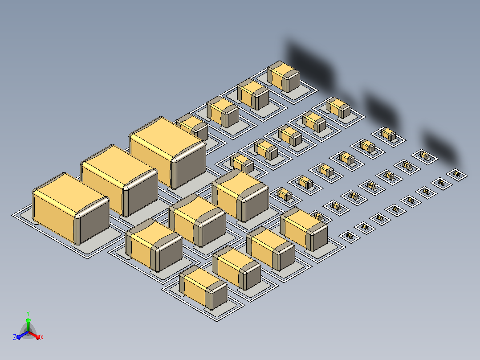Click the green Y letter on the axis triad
(x=28, y=313)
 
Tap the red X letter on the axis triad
(x=42, y=337)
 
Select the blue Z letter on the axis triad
(x=15, y=337)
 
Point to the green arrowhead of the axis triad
(x=28, y=320)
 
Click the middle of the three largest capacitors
(x=119, y=181)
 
